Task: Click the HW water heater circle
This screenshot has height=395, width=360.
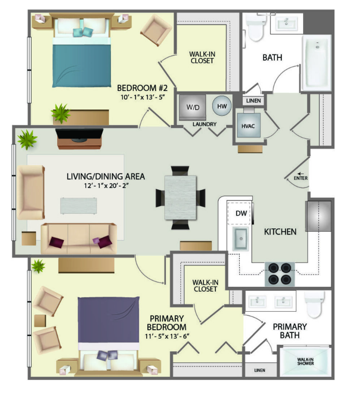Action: pyautogui.click(x=222, y=106)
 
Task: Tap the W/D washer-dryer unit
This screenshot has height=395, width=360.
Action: pyautogui.click(x=193, y=108)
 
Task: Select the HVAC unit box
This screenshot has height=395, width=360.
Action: pyautogui.click(x=248, y=125)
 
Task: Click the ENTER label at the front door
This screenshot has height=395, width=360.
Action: pyautogui.click(x=300, y=178)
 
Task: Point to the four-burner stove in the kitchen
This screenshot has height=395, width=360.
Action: pyautogui.click(x=280, y=274)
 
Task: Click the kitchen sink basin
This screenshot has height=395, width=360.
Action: pyautogui.click(x=241, y=238)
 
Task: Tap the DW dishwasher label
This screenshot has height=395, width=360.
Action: pyautogui.click(x=241, y=214)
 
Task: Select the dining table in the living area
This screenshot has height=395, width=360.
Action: pyautogui.click(x=180, y=197)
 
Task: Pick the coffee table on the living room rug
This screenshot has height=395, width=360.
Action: pyautogui.click(x=79, y=206)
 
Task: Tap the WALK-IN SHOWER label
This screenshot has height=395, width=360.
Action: pyautogui.click(x=306, y=361)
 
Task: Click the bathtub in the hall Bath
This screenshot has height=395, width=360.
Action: pyautogui.click(x=317, y=63)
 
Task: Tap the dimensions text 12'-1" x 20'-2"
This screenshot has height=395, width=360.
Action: pyautogui.click(x=106, y=186)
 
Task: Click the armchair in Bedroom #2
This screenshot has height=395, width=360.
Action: pyautogui.click(x=156, y=30)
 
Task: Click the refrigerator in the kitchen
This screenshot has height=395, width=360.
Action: pyautogui.click(x=318, y=216)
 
